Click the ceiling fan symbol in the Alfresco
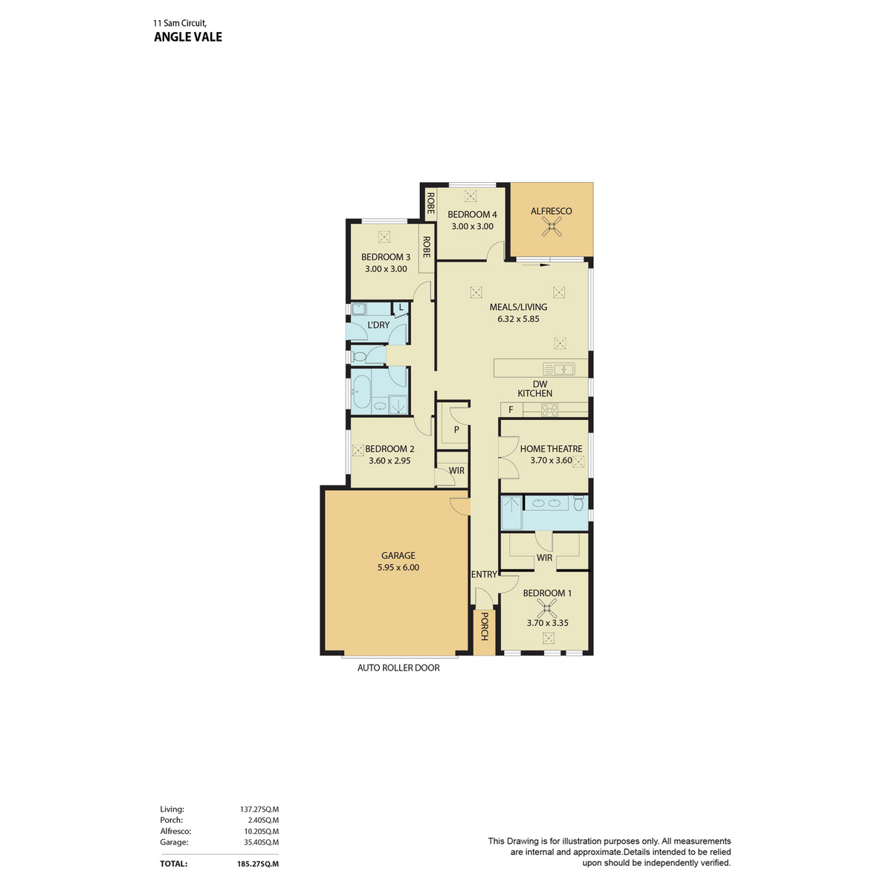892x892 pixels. pos(552,227)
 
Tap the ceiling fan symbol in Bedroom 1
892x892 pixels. pos(548,608)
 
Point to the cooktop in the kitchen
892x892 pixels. pos(549,410)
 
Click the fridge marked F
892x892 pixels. pos(511,410)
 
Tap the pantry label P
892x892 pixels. pos(456,430)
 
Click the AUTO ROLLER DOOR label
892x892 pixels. pos(398,668)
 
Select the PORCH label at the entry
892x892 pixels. pos(485,627)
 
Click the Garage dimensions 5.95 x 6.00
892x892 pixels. pos(398,567)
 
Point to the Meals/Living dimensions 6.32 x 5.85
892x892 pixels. pos(518,319)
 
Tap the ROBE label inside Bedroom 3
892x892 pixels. pos(427,248)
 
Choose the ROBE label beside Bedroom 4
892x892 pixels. pos(430,203)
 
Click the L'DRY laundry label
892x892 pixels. pos(378,325)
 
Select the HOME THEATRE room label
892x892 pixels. pos(552,448)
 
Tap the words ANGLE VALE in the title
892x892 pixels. pos(188,37)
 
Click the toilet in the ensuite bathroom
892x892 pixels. pos(579,503)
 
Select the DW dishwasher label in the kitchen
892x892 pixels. pos(540,384)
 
